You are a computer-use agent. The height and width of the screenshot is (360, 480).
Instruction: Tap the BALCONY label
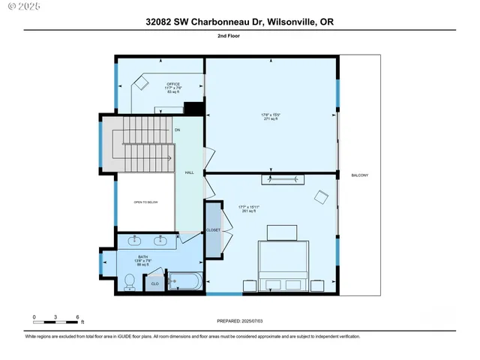click(360, 175)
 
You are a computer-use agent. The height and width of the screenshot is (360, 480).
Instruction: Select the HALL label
click(190, 173)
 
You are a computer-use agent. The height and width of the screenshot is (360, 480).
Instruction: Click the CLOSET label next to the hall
click(214, 230)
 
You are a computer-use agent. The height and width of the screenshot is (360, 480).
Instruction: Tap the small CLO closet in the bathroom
click(155, 283)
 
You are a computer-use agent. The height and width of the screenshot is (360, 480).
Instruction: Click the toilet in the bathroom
click(129, 281)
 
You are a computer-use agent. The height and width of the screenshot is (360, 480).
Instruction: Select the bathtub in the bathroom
click(184, 282)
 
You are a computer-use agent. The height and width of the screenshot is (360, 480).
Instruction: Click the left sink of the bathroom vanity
click(135, 241)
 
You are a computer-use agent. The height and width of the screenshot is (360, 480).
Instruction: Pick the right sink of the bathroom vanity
click(160, 241)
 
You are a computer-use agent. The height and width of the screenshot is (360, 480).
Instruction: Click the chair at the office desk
click(139, 83)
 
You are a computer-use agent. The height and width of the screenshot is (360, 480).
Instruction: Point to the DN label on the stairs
click(178, 130)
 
